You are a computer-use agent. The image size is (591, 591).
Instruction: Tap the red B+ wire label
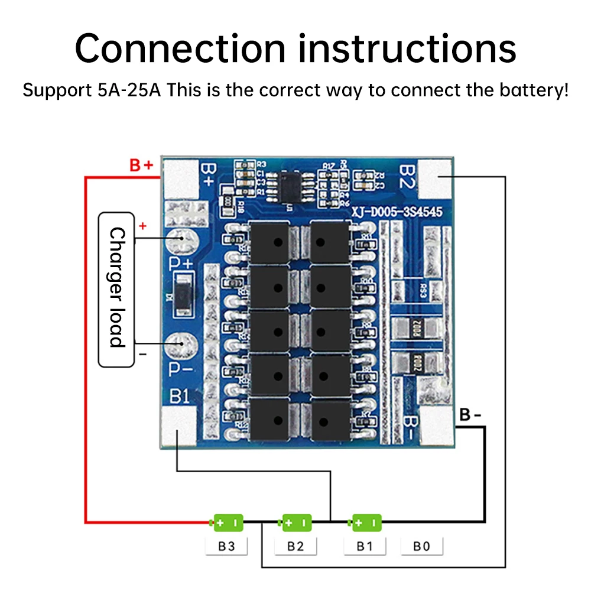point(142,165)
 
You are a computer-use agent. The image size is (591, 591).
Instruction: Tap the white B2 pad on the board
point(436,179)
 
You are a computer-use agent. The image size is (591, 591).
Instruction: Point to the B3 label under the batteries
point(226,546)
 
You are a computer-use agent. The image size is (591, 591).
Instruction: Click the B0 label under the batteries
point(421,546)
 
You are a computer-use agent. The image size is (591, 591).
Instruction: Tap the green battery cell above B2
point(296,522)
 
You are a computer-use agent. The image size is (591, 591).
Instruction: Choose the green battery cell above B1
point(366,522)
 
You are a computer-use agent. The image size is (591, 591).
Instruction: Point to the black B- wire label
point(470,415)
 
